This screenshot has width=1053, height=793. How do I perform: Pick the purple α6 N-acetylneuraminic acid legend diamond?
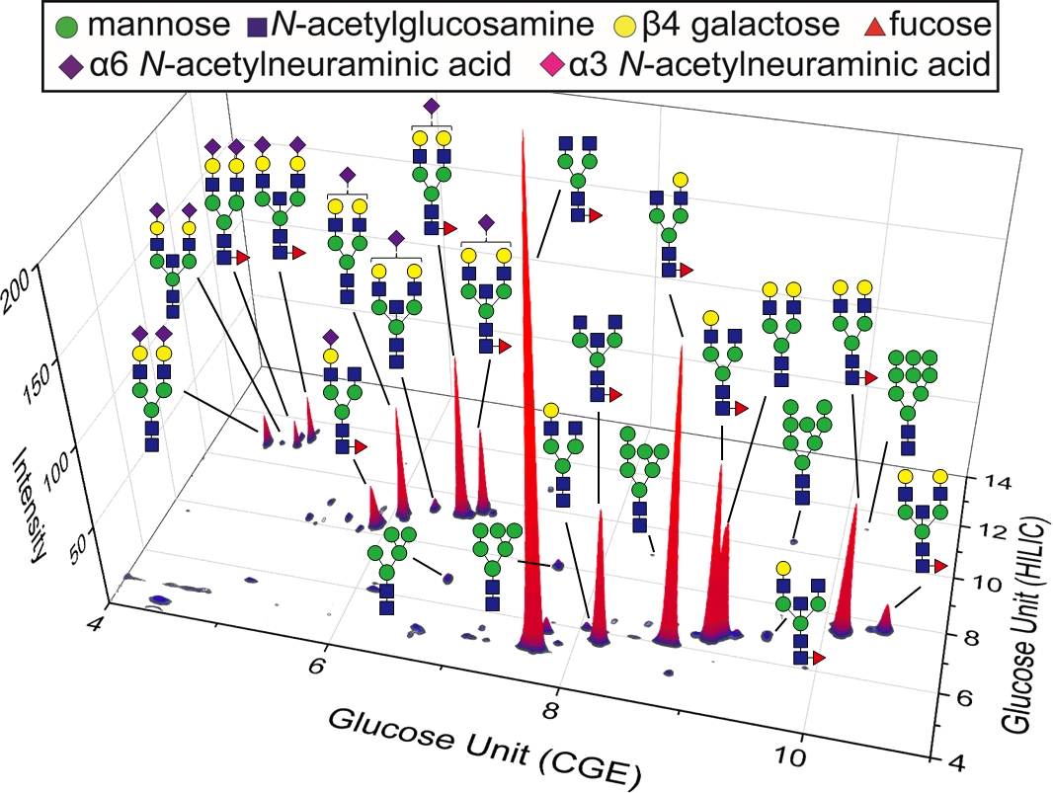71,66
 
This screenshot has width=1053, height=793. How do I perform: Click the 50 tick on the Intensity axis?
46,540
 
